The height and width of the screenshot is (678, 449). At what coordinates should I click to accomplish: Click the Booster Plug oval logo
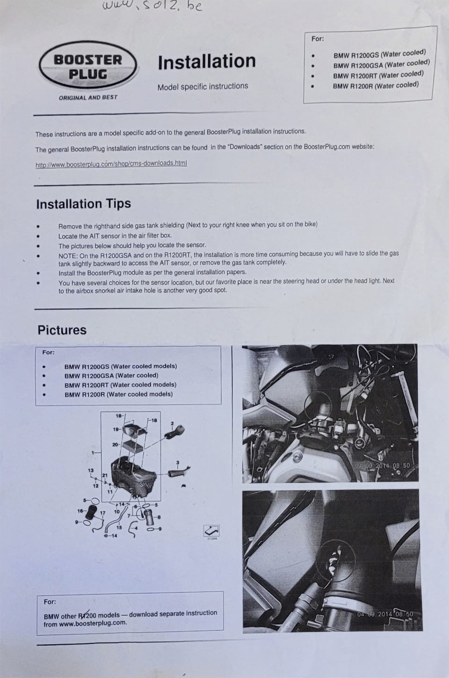point(88,65)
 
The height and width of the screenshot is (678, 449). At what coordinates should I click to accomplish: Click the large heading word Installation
point(207,61)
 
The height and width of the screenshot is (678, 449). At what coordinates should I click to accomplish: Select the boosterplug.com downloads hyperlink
point(111,164)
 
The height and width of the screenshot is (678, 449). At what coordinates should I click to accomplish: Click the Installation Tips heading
point(84,204)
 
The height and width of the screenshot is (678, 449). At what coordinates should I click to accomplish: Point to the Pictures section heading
point(62,330)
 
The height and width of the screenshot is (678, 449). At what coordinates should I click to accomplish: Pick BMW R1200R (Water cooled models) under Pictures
point(119,394)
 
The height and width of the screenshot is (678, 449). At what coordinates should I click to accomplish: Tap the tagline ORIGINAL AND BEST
point(88,98)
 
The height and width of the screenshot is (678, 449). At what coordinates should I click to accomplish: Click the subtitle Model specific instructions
point(203,87)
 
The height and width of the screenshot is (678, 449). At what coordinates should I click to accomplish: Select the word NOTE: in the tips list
point(68,256)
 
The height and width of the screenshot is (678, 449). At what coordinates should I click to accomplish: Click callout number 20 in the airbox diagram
point(115,445)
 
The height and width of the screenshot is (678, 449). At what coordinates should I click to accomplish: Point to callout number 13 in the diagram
point(91,471)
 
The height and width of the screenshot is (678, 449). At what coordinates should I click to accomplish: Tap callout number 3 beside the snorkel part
point(178,462)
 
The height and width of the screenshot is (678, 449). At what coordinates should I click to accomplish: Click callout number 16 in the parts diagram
point(80,511)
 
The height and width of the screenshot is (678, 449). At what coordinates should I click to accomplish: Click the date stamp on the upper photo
point(382,466)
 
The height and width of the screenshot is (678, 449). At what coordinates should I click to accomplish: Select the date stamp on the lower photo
point(385,614)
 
